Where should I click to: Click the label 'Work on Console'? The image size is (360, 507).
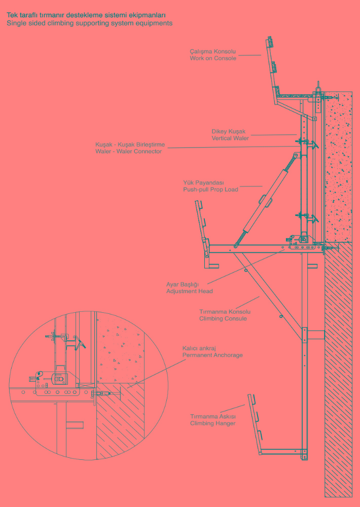tap(213, 58)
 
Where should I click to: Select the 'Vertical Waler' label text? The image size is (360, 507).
tap(230, 138)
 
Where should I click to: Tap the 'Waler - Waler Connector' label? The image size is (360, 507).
tap(128, 151)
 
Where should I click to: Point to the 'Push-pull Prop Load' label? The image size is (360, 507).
tap(210, 190)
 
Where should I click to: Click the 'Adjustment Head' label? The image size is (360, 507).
tap(190, 291)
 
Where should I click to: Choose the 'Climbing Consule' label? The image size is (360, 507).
tap(223, 318)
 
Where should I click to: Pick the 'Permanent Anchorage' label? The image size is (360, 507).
tap(212, 355)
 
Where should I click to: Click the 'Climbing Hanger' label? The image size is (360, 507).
tap(213, 423)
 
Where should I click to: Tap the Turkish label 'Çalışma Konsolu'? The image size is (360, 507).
tap(213, 51)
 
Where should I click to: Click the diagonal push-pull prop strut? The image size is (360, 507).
tap(266, 200)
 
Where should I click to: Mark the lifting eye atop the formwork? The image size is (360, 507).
tap(318, 86)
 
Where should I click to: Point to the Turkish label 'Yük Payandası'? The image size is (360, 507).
tap(203, 183)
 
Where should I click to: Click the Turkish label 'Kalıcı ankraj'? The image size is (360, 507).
tap(199, 348)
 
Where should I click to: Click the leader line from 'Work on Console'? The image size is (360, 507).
tap(249, 55)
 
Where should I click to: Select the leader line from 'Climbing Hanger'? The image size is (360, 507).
tap(232, 408)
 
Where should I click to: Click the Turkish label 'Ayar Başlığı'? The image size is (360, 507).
tap(183, 284)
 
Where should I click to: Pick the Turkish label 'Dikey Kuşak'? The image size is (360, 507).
tap(228, 132)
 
